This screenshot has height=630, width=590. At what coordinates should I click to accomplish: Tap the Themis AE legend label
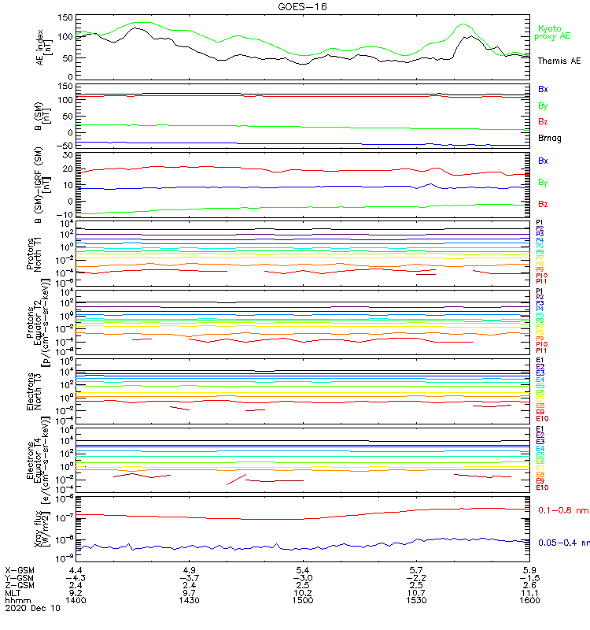(559, 61)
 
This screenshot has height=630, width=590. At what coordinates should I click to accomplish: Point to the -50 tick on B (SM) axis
(65, 146)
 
